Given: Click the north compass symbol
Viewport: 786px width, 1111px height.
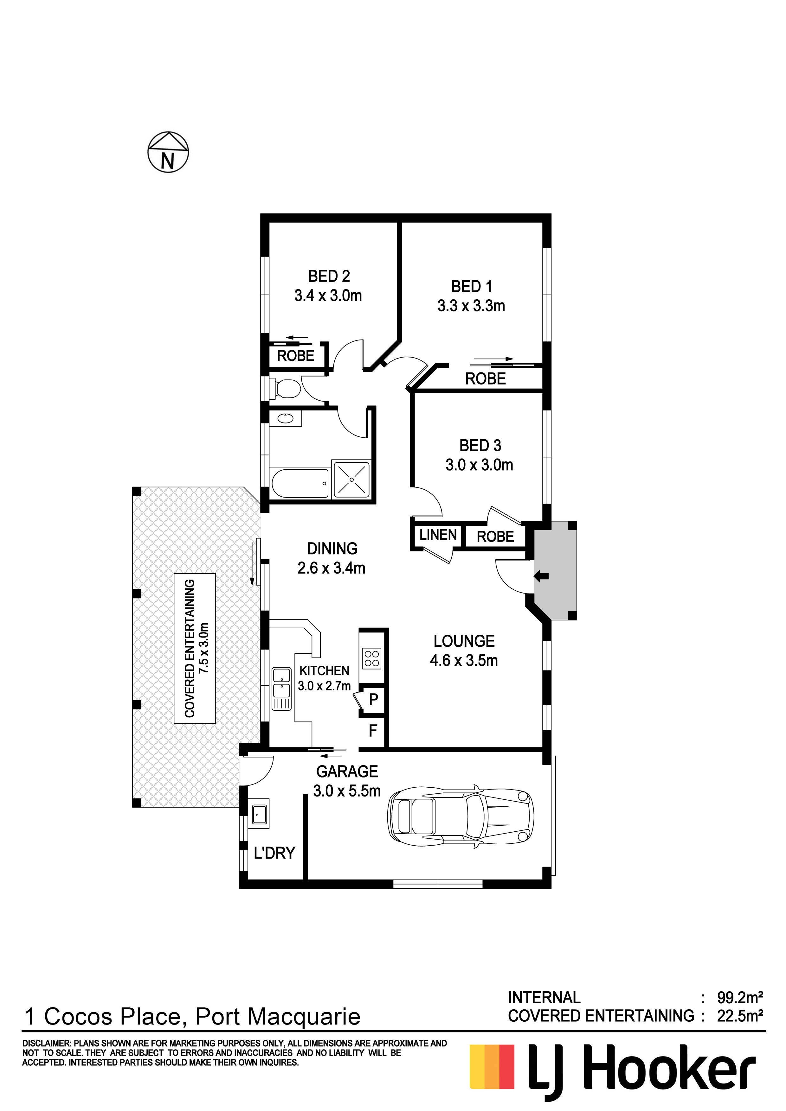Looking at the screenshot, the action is coord(168,152).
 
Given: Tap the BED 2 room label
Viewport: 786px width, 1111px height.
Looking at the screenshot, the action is coord(329,276).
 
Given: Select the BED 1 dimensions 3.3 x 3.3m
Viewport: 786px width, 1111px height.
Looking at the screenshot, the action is coord(471,306).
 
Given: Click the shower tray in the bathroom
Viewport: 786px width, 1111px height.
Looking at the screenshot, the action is coord(351,479).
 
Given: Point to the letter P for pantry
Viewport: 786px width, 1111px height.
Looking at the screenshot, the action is coord(373,699).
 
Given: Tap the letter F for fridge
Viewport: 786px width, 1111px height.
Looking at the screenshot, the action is coord(373,730).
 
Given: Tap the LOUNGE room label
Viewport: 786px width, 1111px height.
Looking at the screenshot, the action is coord(464,641).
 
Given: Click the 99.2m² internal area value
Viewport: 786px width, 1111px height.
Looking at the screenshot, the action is coord(740,997).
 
